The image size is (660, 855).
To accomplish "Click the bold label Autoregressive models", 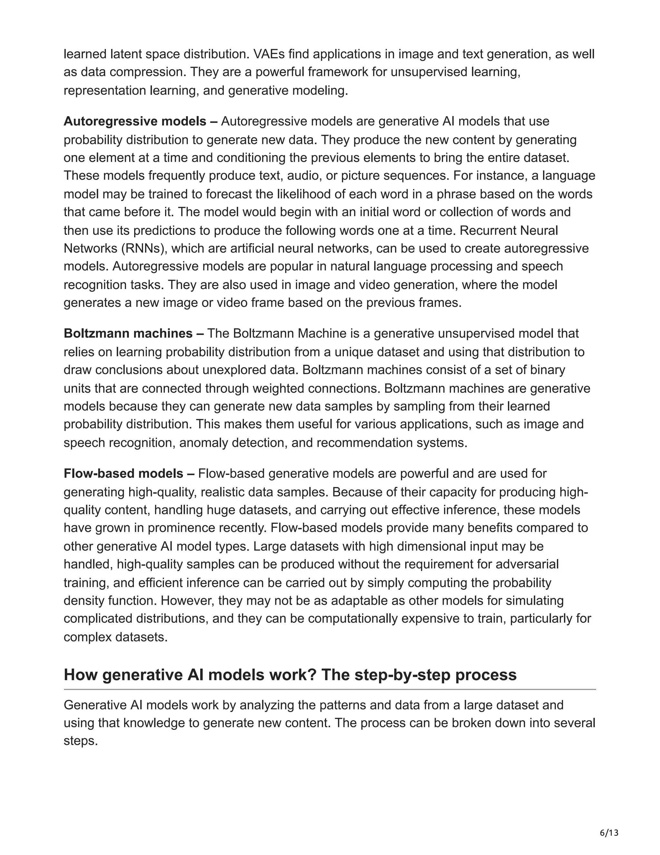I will point(135,121).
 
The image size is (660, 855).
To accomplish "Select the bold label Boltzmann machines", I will point(128,334).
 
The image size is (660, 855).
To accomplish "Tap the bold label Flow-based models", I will point(123,473).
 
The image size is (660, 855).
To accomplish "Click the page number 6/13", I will point(609,832).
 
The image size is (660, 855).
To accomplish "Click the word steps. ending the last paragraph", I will point(81,741).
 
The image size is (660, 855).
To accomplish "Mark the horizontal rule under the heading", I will point(330,689).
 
